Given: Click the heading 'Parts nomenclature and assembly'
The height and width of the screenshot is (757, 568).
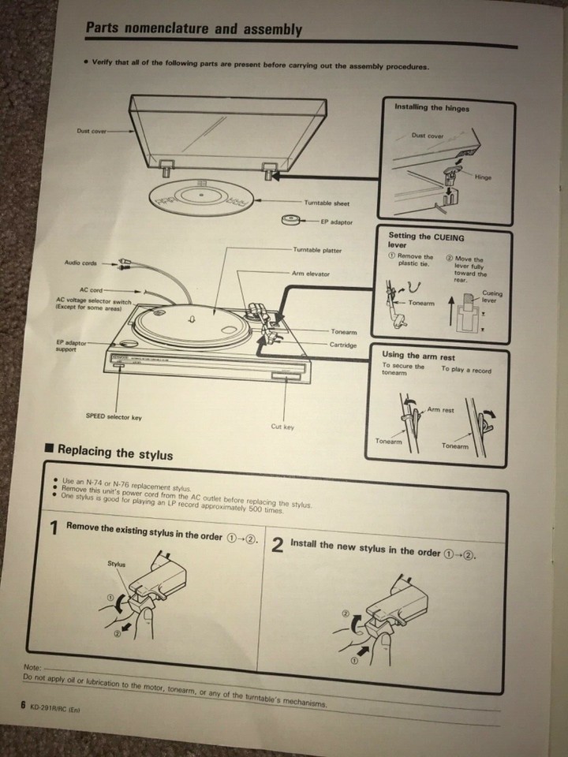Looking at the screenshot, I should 193,29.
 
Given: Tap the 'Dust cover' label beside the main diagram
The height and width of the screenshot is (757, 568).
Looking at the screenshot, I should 92,131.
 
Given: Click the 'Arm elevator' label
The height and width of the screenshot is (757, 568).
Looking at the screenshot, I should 312,274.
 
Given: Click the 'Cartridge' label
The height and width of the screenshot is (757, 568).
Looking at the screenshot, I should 343,345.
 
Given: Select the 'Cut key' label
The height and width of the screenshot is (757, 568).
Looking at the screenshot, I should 282,427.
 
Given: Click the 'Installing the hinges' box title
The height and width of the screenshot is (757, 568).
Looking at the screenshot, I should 432,107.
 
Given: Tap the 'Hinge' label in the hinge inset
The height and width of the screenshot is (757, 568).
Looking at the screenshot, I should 483,177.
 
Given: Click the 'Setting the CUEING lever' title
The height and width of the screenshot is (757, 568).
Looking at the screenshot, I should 426,241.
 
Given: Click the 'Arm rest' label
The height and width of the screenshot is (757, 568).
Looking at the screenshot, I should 440,410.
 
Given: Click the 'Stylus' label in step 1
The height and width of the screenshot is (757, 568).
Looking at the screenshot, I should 116,564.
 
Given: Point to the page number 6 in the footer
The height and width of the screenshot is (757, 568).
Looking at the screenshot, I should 24,706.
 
